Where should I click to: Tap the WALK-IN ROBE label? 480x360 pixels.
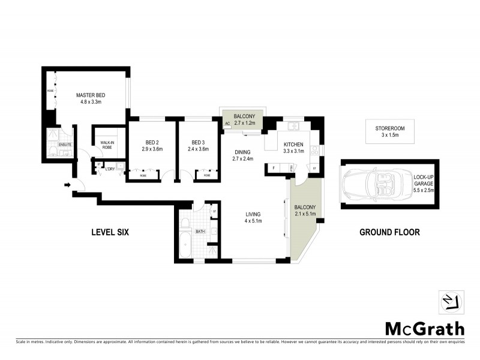[107, 144]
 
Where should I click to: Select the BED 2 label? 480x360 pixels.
[151, 142]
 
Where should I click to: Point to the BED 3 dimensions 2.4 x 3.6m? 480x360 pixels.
[198, 149]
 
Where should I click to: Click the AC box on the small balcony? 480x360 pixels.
[227, 124]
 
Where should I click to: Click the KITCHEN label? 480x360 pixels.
[294, 145]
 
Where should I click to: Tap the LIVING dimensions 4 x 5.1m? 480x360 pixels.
[254, 221]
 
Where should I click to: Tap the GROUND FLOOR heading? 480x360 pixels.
[389, 232]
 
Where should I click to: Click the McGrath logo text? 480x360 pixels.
[424, 328]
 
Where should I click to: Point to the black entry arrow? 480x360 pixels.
[67, 185]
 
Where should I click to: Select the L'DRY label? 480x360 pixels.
[110, 169]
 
